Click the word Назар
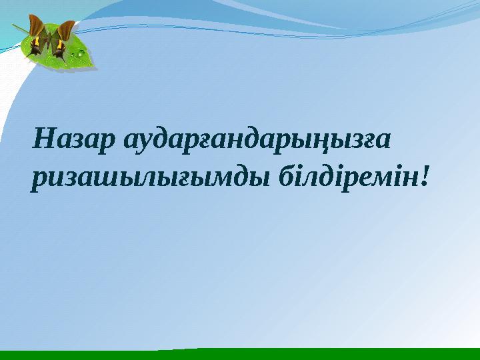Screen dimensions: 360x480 [71, 141]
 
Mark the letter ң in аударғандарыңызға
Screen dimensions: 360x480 [332, 143]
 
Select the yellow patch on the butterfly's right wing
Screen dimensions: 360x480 [61, 45]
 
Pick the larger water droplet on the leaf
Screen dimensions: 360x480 [81, 51]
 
